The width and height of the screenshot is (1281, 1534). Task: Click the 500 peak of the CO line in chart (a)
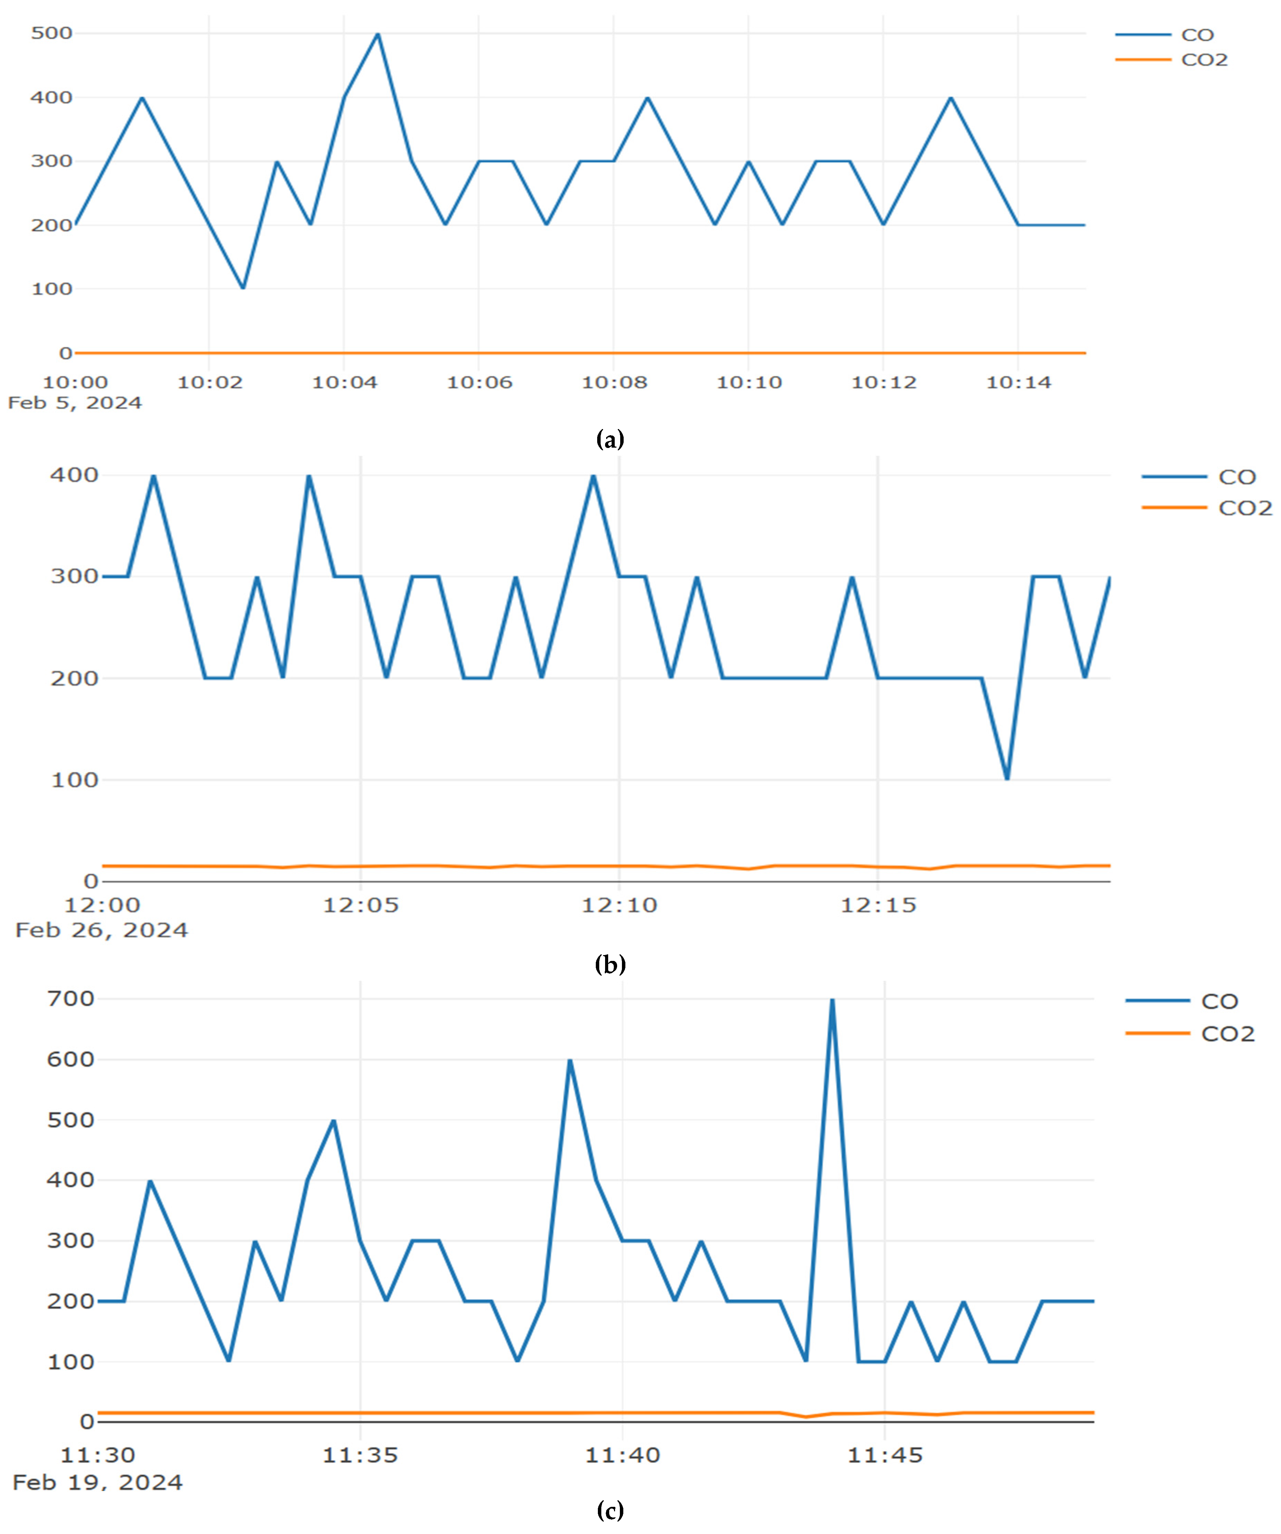point(377,34)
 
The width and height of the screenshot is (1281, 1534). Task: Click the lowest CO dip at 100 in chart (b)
point(1007,779)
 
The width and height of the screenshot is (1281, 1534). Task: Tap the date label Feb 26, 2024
point(101,930)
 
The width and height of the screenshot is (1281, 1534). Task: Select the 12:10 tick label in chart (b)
point(619,905)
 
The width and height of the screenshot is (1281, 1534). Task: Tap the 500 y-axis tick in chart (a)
point(52,33)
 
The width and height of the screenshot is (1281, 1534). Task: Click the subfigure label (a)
point(611,440)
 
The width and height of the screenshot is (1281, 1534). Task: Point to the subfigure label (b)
point(611,965)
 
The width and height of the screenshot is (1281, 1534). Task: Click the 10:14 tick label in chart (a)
point(1019,382)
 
